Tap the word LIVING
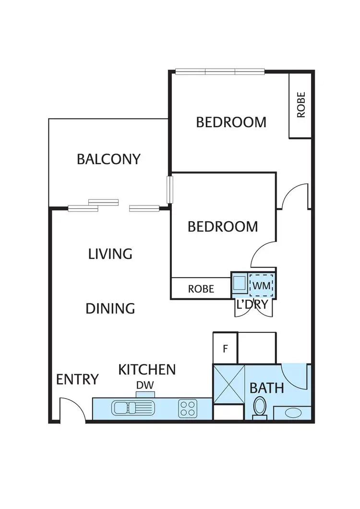coord(110,254)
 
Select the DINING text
coord(110,308)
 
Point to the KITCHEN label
coord(147,369)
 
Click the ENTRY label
coord(77,379)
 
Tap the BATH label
coord(267,388)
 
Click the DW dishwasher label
coord(145,385)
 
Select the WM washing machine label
coord(261,286)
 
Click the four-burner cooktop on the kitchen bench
coord(188,409)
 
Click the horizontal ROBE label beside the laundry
coord(201,289)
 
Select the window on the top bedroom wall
coord(220,72)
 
